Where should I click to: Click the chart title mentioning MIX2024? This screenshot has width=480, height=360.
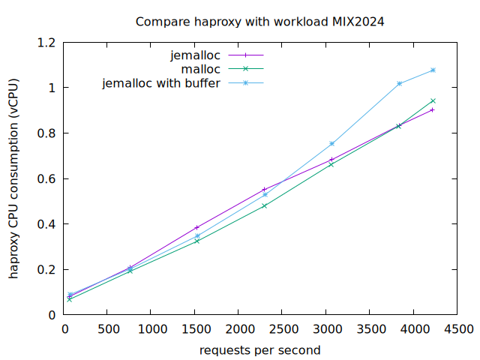click(259, 22)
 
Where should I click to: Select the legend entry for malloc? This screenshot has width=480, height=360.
click(201, 69)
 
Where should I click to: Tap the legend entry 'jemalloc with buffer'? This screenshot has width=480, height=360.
click(161, 83)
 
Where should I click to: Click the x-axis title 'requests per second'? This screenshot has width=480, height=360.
click(259, 350)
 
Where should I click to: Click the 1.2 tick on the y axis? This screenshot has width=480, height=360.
click(47, 43)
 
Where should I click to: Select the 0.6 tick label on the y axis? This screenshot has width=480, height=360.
click(47, 178)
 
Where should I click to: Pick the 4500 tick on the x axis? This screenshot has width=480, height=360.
click(457, 328)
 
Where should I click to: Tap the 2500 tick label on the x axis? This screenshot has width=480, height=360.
click(282, 328)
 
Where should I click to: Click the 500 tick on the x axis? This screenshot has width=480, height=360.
click(106, 328)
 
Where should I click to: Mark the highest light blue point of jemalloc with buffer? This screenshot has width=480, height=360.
click(433, 70)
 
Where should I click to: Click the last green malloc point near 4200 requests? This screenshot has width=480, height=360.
click(433, 100)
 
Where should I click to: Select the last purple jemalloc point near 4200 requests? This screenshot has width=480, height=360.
click(433, 109)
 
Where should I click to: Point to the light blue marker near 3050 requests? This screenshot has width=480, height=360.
click(331, 143)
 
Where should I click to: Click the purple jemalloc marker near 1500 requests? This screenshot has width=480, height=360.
click(197, 227)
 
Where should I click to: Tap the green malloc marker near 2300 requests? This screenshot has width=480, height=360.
click(264, 205)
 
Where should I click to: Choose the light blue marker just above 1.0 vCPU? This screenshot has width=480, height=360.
click(400, 83)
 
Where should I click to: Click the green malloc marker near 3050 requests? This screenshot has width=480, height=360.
click(331, 164)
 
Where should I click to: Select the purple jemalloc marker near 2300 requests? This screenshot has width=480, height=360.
click(264, 190)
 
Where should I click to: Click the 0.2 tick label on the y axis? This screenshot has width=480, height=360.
click(47, 269)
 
